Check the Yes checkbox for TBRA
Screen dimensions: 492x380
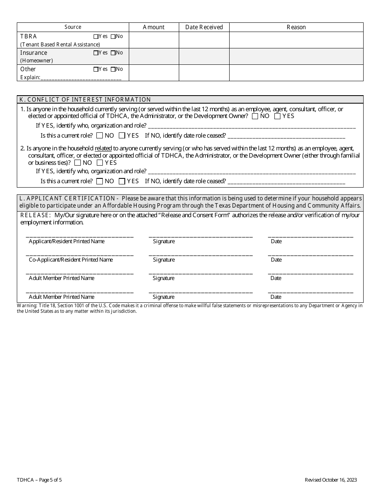click(96, 36)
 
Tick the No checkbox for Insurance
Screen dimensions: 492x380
click(113, 53)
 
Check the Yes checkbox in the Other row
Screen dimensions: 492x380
click(96, 69)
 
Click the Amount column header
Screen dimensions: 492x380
click(154, 27)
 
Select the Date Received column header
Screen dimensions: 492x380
click(204, 27)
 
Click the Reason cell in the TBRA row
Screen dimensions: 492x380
click(296, 40)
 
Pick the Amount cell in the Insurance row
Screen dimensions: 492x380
click(154, 56)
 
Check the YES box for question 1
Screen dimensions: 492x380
click(277, 116)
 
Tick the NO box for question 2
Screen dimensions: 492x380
click(78, 163)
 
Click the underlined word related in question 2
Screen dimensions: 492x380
click(103, 148)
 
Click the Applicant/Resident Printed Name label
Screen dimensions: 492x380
click(66, 242)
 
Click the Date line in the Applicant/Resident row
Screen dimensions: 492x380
click(310, 236)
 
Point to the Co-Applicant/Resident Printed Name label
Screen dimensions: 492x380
click(71, 260)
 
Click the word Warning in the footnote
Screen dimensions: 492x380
click(26, 306)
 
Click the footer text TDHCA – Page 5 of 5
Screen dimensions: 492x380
click(39, 480)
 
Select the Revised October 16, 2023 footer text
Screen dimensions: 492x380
click(330, 480)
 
